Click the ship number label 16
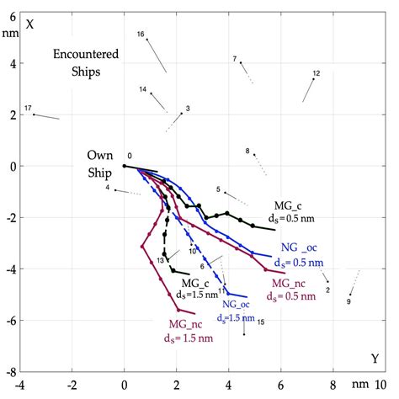point(141,34)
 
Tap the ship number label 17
point(28,109)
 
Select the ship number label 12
point(316,73)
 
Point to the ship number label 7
point(235,58)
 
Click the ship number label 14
point(143,89)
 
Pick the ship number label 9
point(349,301)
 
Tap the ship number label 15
point(261,322)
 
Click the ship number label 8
point(247,152)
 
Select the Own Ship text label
point(100,163)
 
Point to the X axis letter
point(29,23)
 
